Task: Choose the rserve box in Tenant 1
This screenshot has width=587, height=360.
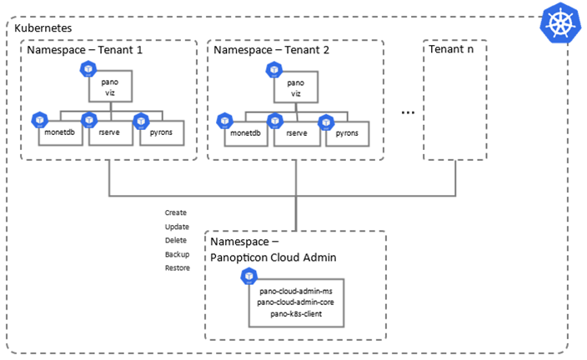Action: click(x=110, y=132)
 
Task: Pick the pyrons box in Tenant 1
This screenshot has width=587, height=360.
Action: click(x=160, y=132)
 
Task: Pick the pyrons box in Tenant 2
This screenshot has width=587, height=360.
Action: click(x=347, y=132)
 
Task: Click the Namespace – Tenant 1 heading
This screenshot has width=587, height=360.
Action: click(x=85, y=50)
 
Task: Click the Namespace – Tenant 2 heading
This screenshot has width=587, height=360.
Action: click(x=272, y=50)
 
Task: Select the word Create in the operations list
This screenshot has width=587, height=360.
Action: click(x=176, y=212)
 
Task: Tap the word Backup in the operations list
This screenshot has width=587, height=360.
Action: click(x=177, y=254)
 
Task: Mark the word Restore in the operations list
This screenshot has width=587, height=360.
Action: click(x=178, y=267)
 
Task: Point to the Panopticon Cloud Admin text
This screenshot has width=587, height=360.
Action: click(x=273, y=257)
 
